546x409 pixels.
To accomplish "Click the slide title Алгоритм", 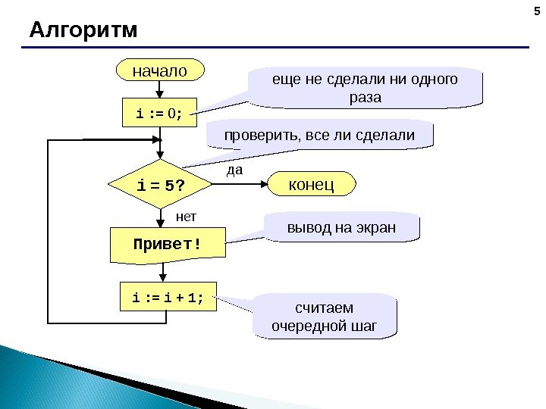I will [83, 31].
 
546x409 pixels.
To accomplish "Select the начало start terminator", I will [159, 71].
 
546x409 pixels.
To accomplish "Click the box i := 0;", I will [159, 114].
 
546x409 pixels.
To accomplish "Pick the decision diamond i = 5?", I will [161, 186].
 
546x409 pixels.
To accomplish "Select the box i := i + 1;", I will [168, 298].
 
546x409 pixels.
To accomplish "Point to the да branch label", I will [235, 170].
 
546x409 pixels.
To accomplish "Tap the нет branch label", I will [186, 217].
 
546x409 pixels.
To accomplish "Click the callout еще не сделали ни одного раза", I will [366, 88].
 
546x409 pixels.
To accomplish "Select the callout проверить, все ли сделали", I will [319, 136].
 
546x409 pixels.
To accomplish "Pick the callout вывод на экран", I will [341, 227].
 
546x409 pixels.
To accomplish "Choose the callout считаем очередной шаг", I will [324, 317].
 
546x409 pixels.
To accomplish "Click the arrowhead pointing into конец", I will [265, 184].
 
